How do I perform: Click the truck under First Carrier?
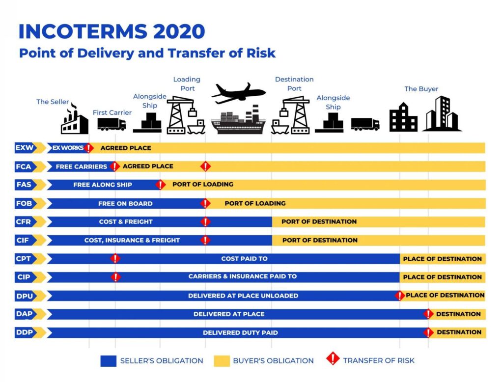[x=112, y=124]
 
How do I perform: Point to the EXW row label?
[x=25, y=148]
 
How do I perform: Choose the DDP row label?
[x=25, y=332]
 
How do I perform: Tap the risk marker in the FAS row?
[x=161, y=185]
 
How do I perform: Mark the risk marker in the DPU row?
[x=400, y=296]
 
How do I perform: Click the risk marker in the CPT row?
[x=115, y=259]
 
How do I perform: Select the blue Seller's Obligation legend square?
[x=109, y=361]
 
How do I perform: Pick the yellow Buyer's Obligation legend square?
[x=222, y=361]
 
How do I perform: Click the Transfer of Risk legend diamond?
[x=333, y=358]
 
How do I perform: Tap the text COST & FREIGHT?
[x=126, y=221]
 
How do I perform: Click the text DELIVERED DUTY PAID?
[x=240, y=332]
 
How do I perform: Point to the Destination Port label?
[x=294, y=83]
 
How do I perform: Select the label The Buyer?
[x=421, y=89]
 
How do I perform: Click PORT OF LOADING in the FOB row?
[x=255, y=203]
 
